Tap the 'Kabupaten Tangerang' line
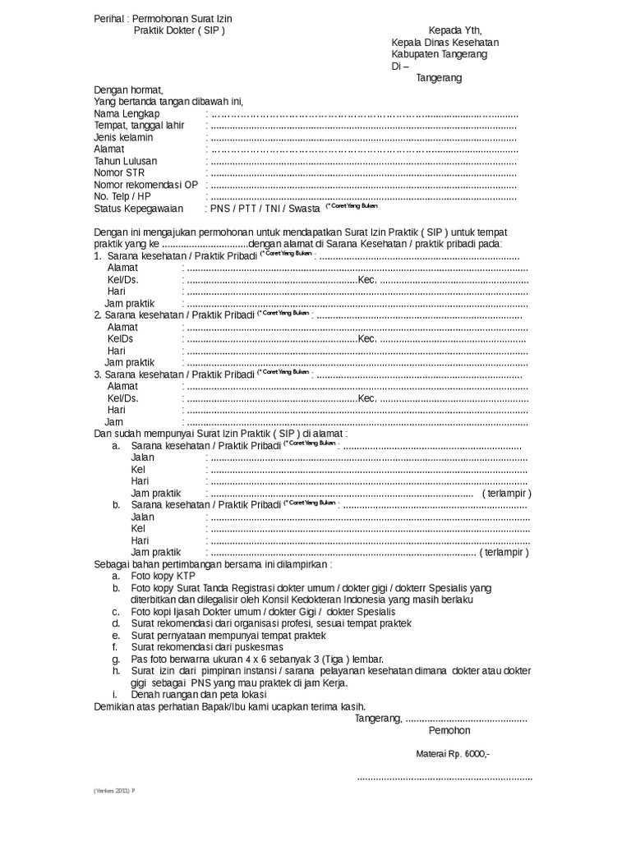click(x=439, y=54)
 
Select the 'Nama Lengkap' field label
click(x=127, y=113)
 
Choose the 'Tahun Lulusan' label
click(x=126, y=161)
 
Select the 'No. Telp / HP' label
click(x=122, y=196)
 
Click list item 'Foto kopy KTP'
click(x=163, y=577)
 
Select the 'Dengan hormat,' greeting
click(x=129, y=90)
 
